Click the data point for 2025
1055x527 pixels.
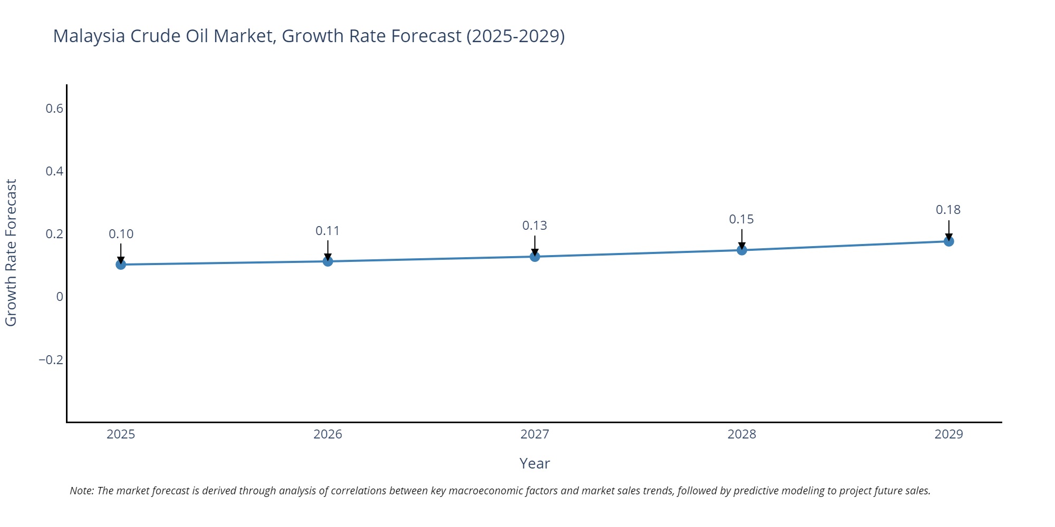point(121,265)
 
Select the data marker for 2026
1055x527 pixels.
point(328,261)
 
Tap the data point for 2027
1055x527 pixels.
point(535,257)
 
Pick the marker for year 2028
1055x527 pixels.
point(742,250)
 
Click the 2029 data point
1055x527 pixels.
point(948,241)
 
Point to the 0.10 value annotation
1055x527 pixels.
point(121,234)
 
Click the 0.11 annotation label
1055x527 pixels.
point(328,231)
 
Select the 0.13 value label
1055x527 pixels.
point(535,226)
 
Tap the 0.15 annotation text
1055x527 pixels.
point(742,219)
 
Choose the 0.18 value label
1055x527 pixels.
point(948,210)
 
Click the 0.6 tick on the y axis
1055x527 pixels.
point(54,109)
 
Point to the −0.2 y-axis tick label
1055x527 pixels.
point(51,360)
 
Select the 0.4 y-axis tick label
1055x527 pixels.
point(54,171)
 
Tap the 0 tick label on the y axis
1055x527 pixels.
point(60,297)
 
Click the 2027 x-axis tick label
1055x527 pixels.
point(535,434)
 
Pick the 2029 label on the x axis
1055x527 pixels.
point(948,434)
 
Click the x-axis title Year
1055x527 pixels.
point(534,464)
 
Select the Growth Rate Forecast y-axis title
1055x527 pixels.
point(11,253)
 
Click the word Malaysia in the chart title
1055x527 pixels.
point(89,36)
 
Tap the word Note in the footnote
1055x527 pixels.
point(81,491)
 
